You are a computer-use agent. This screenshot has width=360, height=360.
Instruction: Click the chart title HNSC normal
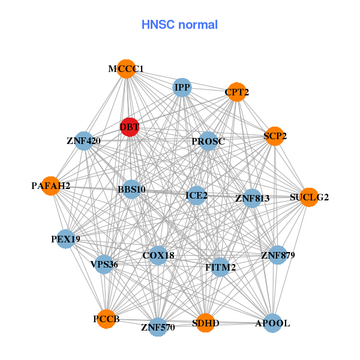click(x=179, y=25)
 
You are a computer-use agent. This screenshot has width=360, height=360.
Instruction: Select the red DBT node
click(x=130, y=127)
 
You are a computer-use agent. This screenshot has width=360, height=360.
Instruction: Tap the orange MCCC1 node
click(x=126, y=69)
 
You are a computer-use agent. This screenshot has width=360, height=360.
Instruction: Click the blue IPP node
click(x=182, y=88)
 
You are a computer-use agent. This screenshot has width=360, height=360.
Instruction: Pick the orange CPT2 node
click(x=237, y=92)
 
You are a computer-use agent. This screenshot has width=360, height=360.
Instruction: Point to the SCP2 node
click(x=275, y=136)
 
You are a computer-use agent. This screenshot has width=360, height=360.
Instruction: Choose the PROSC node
click(x=208, y=142)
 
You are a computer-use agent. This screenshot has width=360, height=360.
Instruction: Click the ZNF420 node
click(x=83, y=142)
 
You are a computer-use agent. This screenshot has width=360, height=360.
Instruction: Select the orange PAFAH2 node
click(x=51, y=186)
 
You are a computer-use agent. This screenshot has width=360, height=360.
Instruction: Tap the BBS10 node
click(x=131, y=190)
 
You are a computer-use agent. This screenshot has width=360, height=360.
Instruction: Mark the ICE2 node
click(x=197, y=195)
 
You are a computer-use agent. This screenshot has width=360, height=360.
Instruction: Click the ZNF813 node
click(x=252, y=198)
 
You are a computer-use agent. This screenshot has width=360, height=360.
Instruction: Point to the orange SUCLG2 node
click(x=309, y=197)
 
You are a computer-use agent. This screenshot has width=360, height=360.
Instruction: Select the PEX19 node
click(x=65, y=239)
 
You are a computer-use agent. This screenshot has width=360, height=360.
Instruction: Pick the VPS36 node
click(x=104, y=264)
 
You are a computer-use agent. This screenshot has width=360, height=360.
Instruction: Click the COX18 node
click(x=158, y=256)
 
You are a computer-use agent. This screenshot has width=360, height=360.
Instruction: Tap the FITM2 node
click(x=220, y=267)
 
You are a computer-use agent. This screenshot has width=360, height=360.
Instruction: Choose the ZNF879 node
click(x=278, y=256)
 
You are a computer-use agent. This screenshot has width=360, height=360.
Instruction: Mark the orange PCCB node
click(x=106, y=319)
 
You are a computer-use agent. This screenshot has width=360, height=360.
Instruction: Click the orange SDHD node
click(x=205, y=323)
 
